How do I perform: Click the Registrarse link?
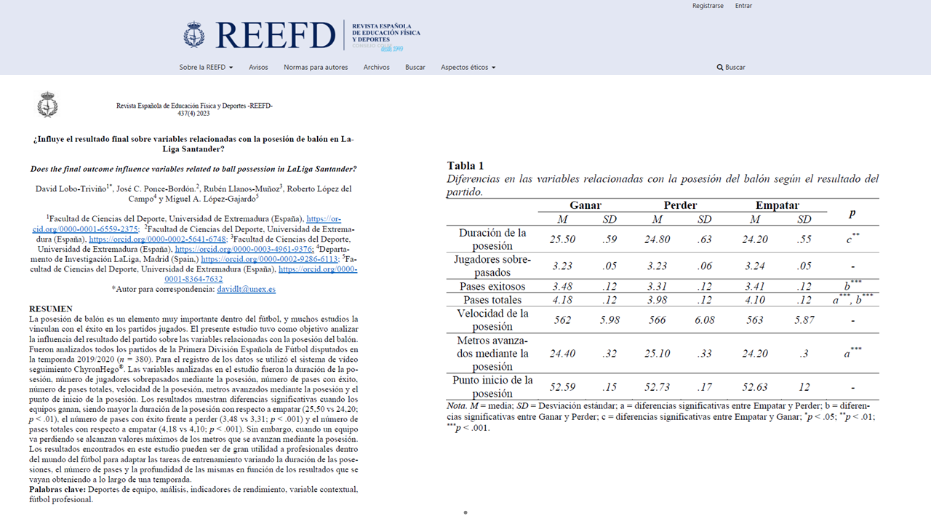[x=708, y=6]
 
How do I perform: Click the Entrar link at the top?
[x=743, y=6]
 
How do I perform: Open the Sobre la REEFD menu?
[x=206, y=68]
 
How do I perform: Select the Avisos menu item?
[x=258, y=68]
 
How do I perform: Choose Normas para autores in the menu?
[x=316, y=68]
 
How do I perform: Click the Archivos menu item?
[x=377, y=68]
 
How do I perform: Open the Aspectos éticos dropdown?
[x=468, y=68]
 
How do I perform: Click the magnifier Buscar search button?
[x=731, y=68]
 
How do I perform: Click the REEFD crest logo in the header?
[x=194, y=35]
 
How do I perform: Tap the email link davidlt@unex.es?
[x=247, y=289]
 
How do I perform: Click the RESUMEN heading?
[x=50, y=309]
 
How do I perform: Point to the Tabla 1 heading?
[x=465, y=166]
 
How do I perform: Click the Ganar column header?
[x=585, y=205]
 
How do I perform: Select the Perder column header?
[x=680, y=205]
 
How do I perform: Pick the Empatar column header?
[x=777, y=205]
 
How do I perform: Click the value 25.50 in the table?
[x=563, y=239]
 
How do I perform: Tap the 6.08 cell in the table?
[x=704, y=320]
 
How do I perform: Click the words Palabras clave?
[x=57, y=490]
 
